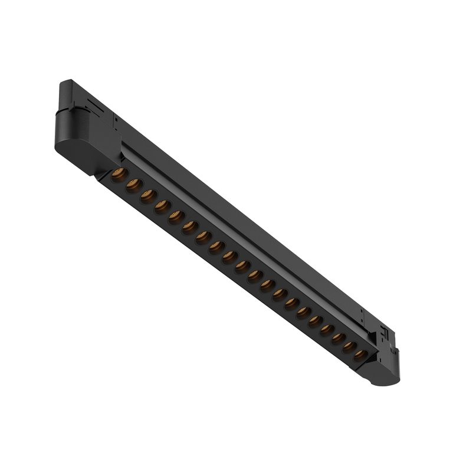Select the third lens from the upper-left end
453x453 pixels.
(147, 196)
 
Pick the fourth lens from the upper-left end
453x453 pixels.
(162, 207)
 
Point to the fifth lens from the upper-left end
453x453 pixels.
(176, 218)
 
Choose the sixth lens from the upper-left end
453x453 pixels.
(189, 228)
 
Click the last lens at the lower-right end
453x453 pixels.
(360, 356)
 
